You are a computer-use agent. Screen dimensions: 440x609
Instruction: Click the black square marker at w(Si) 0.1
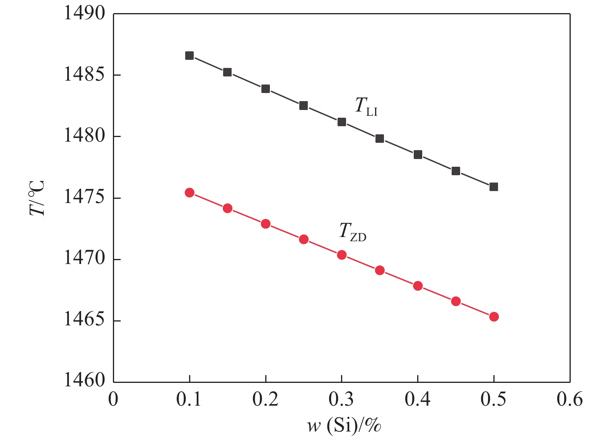189,56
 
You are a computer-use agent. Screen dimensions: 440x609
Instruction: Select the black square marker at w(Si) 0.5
494,187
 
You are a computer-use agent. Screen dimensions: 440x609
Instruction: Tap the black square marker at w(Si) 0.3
342,122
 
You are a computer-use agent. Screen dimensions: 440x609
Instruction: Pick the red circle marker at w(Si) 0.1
189,193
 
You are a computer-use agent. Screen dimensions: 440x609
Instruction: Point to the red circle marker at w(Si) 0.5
494,317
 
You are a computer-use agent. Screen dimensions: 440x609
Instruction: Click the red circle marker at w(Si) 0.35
380,270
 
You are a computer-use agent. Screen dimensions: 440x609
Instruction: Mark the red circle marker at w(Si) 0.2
266,224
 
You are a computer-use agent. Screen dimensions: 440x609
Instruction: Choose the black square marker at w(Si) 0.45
456,171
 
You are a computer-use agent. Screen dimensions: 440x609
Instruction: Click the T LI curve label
366,106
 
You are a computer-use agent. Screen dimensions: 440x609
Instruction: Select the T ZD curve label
352,232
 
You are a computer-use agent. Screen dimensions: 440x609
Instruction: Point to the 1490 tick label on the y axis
79,14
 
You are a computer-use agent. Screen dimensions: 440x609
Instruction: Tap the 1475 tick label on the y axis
79,198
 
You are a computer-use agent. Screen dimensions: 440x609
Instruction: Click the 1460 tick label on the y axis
79,381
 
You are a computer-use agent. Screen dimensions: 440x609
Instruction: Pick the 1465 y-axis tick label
79,320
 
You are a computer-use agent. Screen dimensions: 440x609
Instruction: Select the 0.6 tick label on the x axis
570,400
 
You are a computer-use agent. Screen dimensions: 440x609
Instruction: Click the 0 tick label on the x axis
113,400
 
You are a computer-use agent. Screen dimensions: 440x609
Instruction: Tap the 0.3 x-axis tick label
341,400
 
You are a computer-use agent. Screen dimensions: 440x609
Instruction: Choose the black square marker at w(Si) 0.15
227,72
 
